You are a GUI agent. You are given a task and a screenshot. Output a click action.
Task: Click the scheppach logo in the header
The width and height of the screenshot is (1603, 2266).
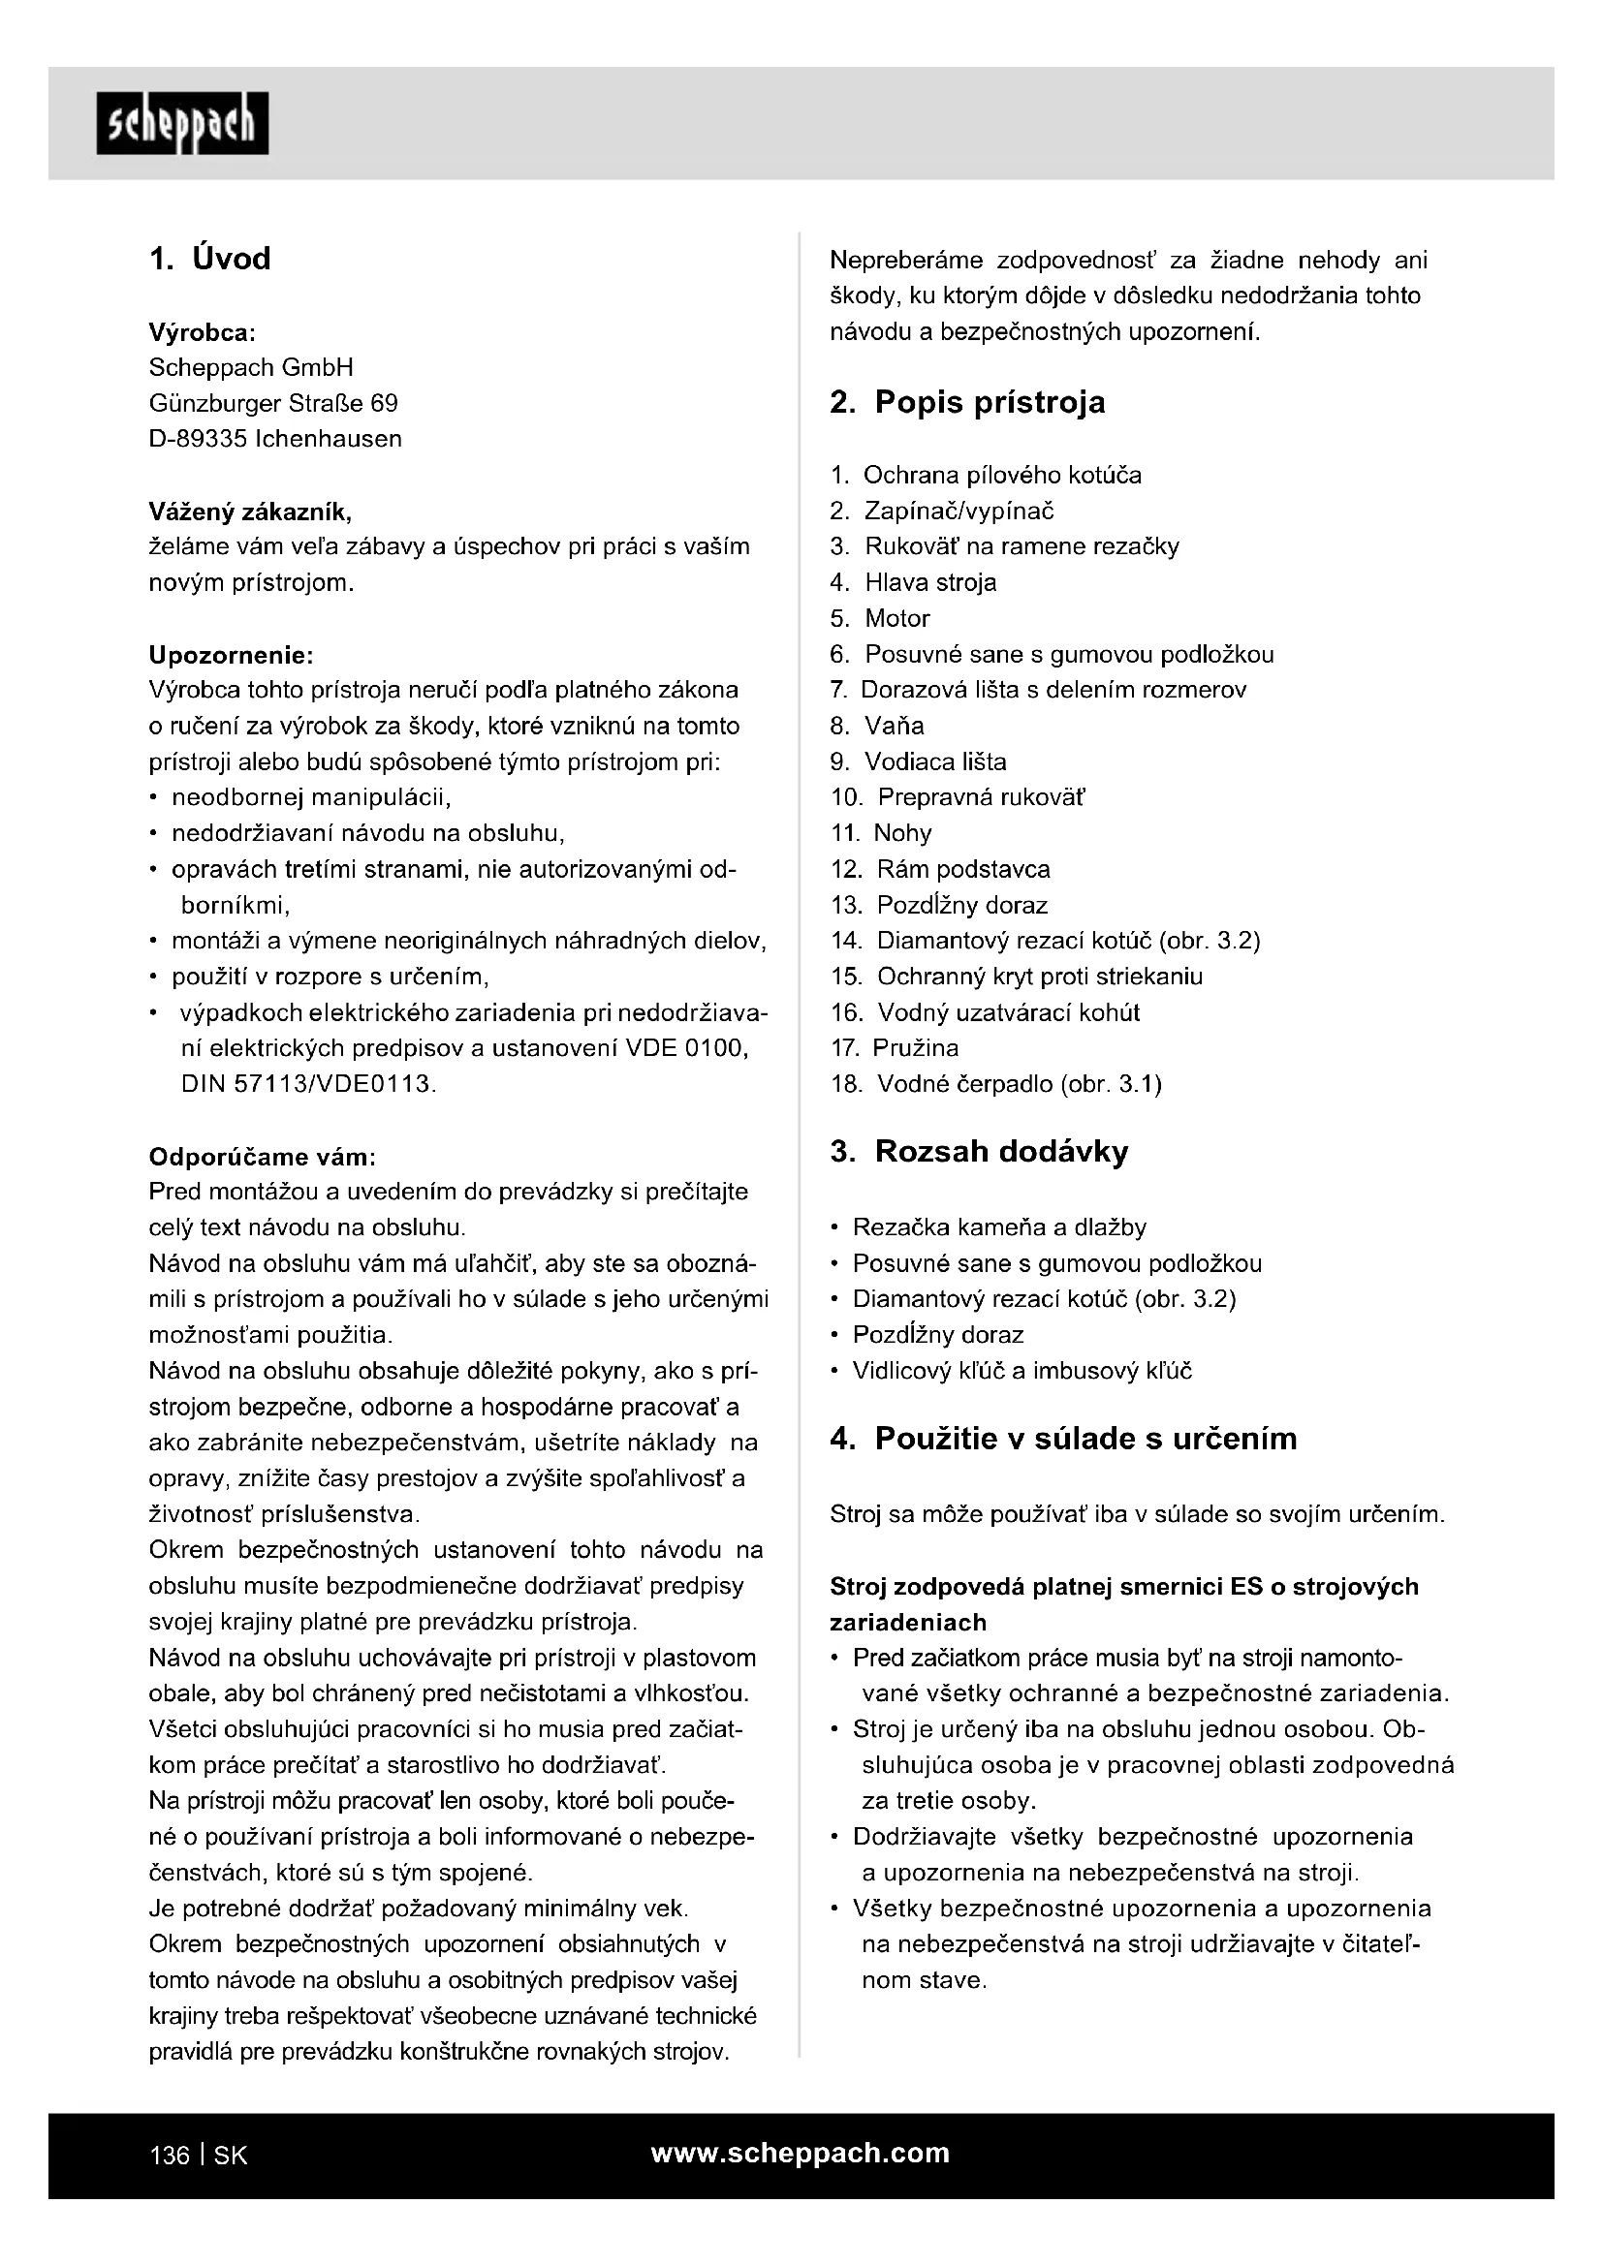pos(181,124)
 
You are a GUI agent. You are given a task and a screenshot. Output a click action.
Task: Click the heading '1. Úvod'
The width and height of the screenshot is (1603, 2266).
pos(209,259)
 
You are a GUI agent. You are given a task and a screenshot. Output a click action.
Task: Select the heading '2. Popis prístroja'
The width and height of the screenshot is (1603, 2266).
pos(967,403)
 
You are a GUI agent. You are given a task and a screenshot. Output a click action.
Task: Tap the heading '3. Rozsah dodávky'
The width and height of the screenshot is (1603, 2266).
pos(979,1152)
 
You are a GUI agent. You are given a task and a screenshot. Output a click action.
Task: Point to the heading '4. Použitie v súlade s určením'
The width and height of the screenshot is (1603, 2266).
pos(1063,1439)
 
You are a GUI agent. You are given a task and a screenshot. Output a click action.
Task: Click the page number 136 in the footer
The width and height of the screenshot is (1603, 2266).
pos(169,2156)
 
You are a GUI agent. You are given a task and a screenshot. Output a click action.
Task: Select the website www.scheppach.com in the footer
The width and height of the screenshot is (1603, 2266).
pos(801,2153)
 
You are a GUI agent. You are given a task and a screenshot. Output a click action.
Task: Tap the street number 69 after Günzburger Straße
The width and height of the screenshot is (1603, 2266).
pos(384,404)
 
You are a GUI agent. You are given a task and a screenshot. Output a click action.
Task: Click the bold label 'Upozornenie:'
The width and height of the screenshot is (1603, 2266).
pos(231,655)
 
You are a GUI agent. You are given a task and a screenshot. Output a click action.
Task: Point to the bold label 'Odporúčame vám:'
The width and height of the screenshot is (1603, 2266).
pos(262,1157)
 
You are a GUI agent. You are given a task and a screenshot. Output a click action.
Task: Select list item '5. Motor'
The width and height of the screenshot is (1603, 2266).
pos(880,619)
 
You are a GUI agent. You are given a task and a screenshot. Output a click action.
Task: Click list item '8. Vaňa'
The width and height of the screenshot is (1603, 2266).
pos(877,727)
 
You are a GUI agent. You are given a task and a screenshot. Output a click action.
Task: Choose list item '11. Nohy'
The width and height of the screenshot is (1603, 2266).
pos(881,834)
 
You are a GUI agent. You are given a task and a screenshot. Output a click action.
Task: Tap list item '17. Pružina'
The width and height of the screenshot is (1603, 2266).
pos(895,1048)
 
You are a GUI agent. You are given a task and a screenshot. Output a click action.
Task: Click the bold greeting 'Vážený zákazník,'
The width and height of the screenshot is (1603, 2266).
pos(250,512)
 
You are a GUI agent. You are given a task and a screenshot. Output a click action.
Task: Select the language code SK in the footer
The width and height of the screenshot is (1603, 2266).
pos(230,2156)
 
